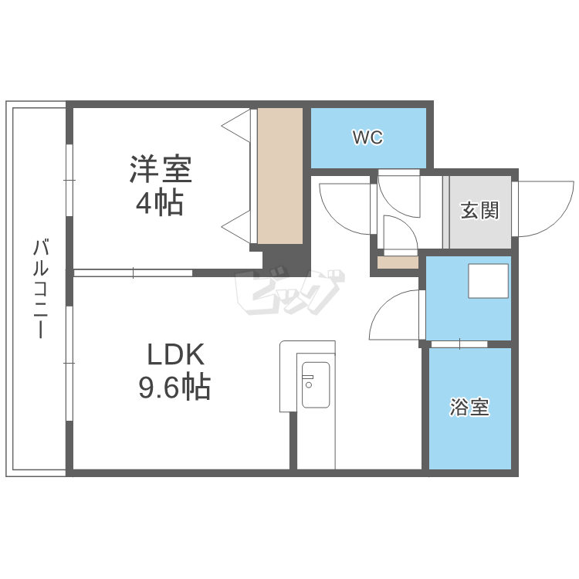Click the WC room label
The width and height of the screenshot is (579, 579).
tap(367, 137)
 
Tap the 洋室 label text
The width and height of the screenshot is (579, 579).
tap(161, 169)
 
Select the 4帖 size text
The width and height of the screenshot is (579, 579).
tap(160, 202)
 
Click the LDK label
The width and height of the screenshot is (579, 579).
tap(175, 354)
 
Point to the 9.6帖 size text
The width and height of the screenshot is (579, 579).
tap(174, 386)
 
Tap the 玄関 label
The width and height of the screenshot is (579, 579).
tap(479, 211)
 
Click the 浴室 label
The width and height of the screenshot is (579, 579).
tap(469, 408)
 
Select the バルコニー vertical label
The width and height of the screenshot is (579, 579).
tap(41, 289)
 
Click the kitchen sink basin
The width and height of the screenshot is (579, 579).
tap(316, 384)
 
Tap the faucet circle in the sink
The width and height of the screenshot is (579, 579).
tap(309, 385)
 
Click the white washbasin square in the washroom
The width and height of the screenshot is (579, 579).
tap(488, 281)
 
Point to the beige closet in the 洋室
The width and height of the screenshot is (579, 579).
tap(280, 176)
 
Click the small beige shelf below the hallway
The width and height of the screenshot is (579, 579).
tap(398, 262)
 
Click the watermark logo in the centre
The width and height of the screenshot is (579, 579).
tap(289, 292)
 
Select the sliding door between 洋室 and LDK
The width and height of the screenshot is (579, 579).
tap(133, 273)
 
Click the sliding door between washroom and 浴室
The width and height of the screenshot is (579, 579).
tap(459, 344)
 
